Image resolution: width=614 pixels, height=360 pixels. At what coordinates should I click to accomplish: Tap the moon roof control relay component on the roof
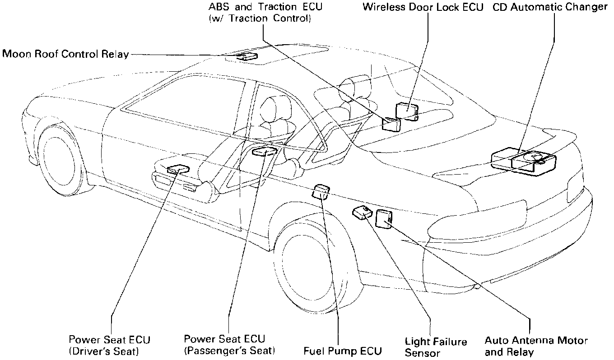click(x=247, y=57)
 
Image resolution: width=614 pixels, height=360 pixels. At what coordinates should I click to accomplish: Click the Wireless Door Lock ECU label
click(x=423, y=7)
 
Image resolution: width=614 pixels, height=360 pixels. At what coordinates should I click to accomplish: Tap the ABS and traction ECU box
click(x=391, y=124)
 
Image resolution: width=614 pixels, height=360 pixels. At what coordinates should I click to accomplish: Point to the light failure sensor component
click(x=362, y=212)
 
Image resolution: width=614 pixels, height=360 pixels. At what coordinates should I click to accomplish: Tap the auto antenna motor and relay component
click(x=383, y=219)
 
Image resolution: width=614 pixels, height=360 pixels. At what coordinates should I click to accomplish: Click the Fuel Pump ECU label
click(x=343, y=351)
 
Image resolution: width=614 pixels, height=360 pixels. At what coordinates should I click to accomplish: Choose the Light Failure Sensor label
click(x=429, y=347)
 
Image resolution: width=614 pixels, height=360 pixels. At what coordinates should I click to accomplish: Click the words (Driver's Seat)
click(x=103, y=351)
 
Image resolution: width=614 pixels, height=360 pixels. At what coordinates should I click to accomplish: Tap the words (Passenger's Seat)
click(x=230, y=351)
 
